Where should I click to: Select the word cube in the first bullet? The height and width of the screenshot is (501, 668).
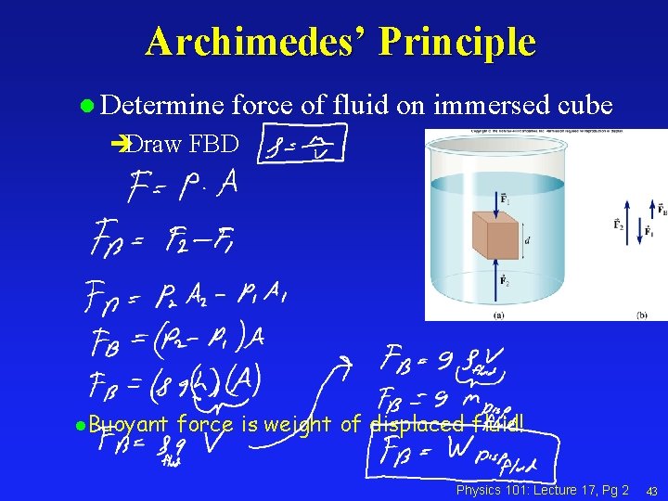point(582,106)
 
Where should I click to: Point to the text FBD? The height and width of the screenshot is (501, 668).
point(212,144)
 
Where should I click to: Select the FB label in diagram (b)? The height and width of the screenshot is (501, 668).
point(661,210)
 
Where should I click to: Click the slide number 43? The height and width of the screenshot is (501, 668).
point(652,490)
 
